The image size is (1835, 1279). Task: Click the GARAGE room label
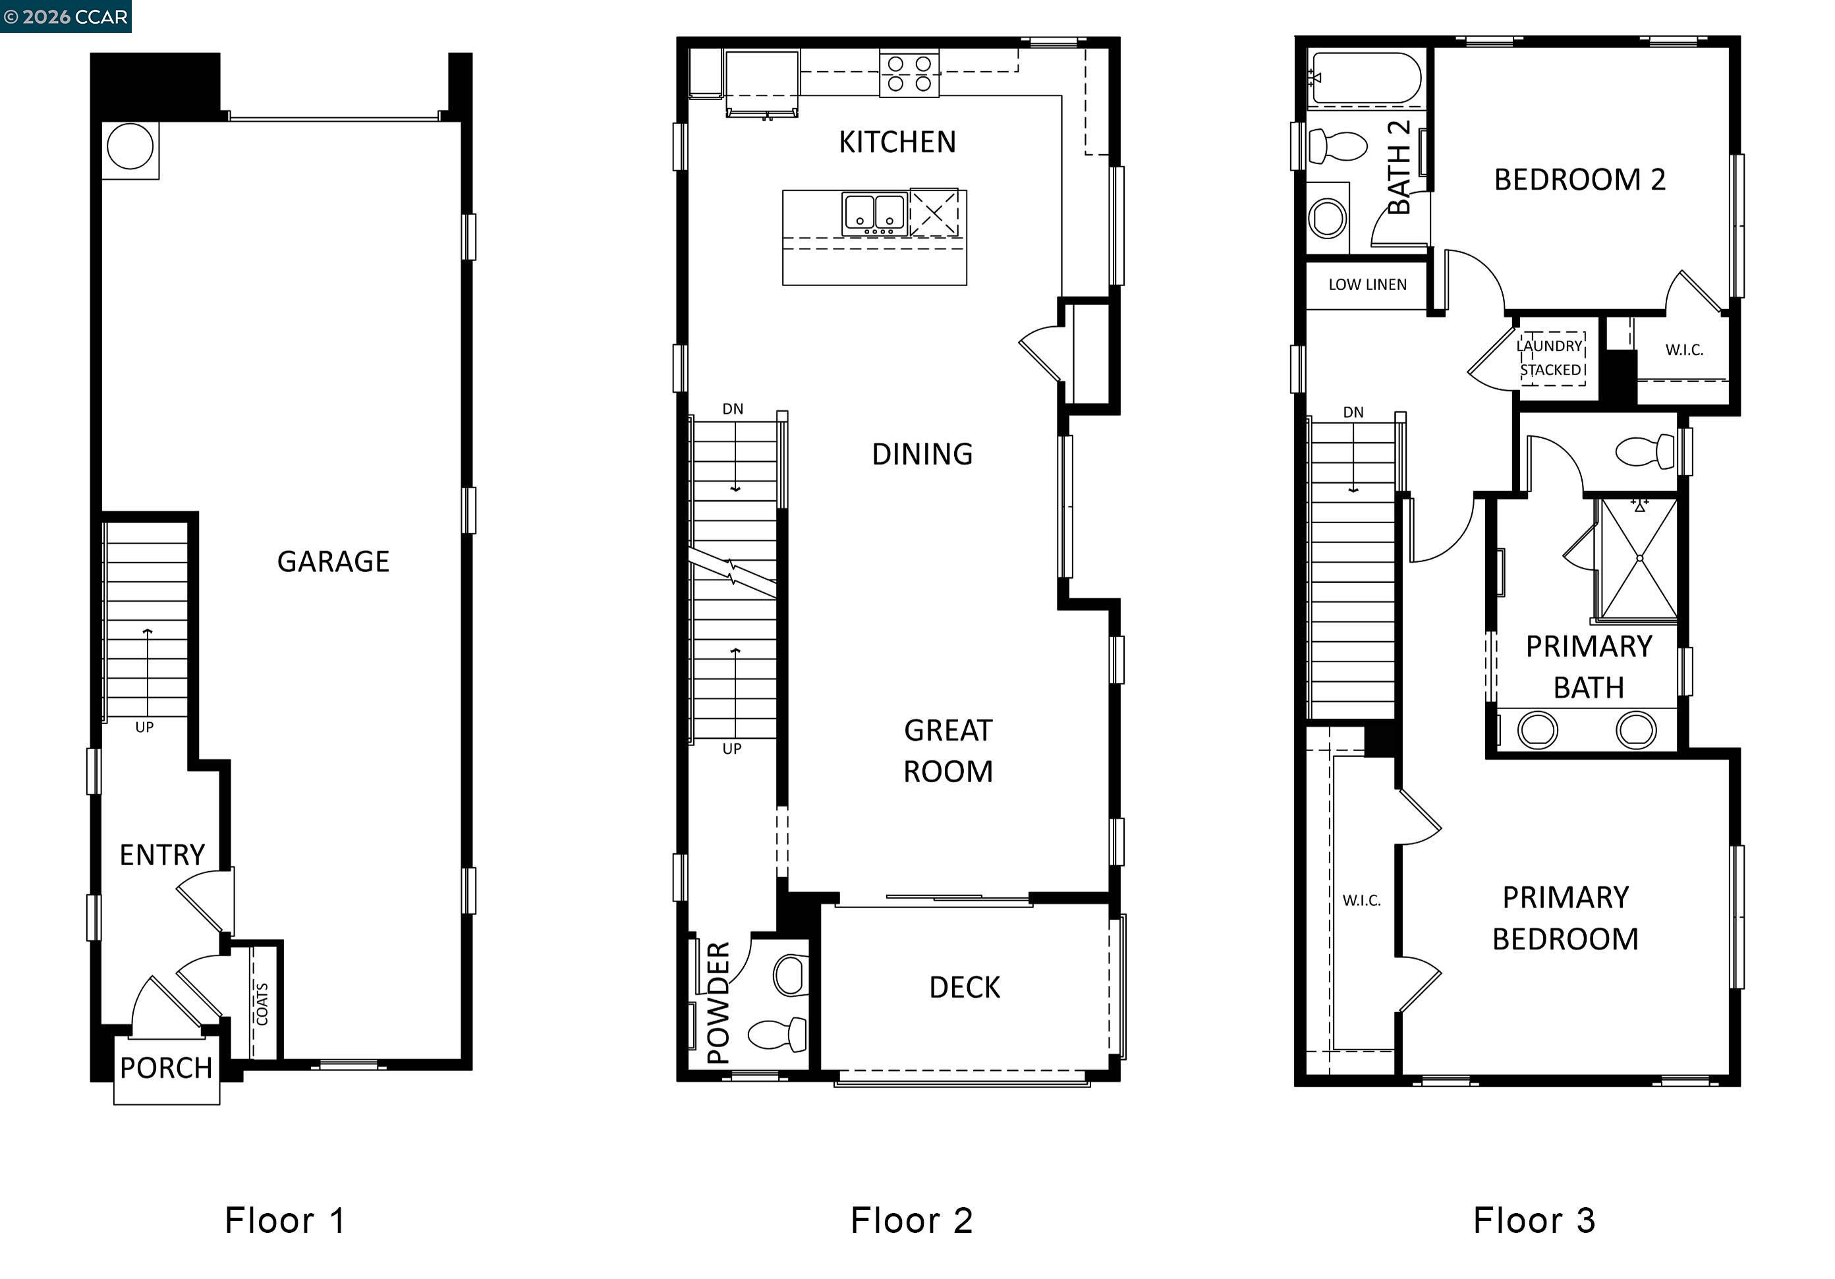(x=333, y=561)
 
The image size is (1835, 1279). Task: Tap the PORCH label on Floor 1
(x=166, y=1067)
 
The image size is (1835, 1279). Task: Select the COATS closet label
(x=262, y=1004)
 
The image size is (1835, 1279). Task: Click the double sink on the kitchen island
(x=874, y=214)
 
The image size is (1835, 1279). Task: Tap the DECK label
(x=964, y=987)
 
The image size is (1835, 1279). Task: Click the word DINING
(x=922, y=454)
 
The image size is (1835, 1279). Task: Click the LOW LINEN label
(x=1367, y=285)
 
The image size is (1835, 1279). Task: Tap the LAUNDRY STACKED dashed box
(x=1552, y=358)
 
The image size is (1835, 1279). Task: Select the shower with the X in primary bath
(x=1639, y=558)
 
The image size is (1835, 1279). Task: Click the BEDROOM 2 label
(x=1579, y=180)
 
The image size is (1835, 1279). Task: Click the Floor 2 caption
(x=911, y=1220)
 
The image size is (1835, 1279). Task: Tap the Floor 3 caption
(x=1534, y=1220)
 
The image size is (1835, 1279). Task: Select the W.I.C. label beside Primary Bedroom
(x=1361, y=900)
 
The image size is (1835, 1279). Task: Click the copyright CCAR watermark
(x=65, y=16)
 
